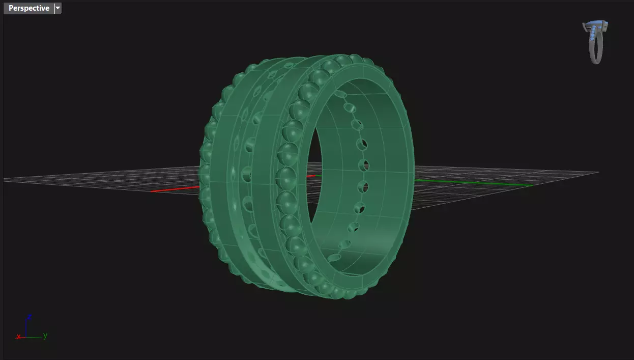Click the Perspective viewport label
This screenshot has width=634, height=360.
[28, 8]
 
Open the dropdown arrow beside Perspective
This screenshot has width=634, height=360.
[58, 8]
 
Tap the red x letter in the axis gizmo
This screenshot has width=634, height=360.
[19, 337]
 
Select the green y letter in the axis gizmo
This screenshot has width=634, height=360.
[45, 335]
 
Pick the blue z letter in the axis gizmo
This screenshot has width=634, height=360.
[30, 317]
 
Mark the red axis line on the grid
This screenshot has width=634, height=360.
[173, 189]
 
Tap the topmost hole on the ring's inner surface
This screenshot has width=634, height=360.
[339, 94]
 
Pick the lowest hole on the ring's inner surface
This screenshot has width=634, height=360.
[333, 258]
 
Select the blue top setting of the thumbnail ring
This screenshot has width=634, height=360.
[595, 24]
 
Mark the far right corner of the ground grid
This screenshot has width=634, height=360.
[598, 172]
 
